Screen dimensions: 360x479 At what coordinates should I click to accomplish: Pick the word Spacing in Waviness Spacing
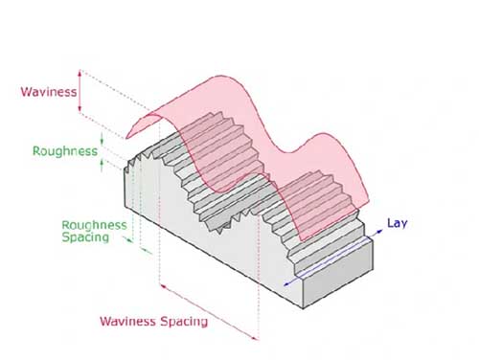click(182, 321)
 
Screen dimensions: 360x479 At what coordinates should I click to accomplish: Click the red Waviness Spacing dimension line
click(209, 310)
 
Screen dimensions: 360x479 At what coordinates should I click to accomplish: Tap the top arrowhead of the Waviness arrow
click(82, 73)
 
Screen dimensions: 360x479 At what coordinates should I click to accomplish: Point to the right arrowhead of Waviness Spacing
click(256, 337)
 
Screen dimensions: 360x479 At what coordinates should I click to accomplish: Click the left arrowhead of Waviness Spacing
click(162, 284)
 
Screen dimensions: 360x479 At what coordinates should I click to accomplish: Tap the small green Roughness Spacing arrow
click(145, 250)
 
